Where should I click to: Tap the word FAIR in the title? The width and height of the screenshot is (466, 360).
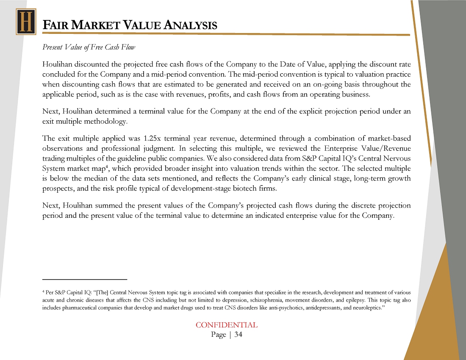pyautogui.click(x=55, y=25)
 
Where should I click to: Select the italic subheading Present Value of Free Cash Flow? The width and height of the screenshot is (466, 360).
pyautogui.click(x=89, y=47)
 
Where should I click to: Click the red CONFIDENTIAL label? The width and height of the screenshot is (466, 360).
pyautogui.click(x=226, y=325)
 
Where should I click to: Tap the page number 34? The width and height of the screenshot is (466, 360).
pyautogui.click(x=238, y=335)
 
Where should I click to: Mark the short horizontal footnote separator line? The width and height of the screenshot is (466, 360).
pyautogui.click(x=85, y=280)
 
